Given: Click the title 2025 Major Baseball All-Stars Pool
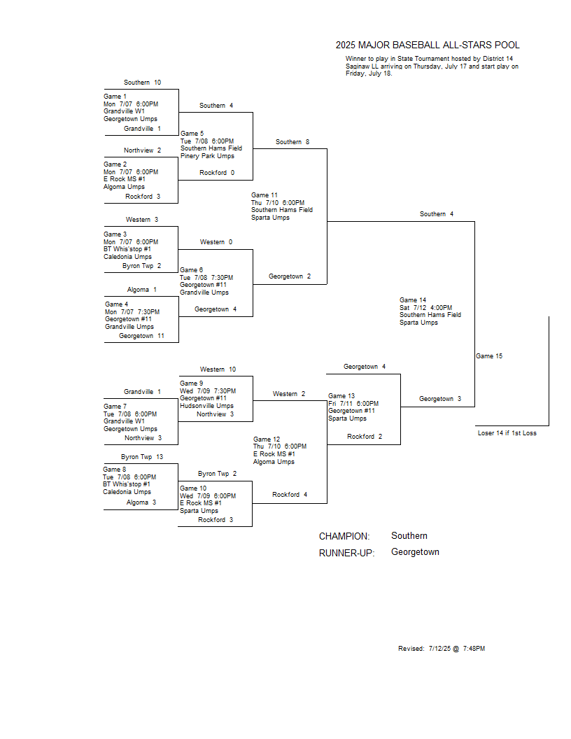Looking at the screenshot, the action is point(428,45).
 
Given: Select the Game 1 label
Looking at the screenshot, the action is point(115,96).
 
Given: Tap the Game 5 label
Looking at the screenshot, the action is point(192,134).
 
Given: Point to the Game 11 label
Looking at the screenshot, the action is point(265,195).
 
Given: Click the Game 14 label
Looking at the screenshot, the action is point(413,300).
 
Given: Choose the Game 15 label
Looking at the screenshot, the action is point(489,356).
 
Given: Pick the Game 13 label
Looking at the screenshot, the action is point(341,396).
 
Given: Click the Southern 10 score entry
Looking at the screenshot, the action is point(142,83).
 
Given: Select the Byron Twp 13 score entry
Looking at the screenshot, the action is point(142,457).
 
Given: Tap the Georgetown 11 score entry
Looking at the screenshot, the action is point(141,336).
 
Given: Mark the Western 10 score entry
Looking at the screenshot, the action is point(218,369).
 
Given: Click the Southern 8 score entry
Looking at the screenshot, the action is point(292,142).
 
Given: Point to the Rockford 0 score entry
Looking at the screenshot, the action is point(217,172).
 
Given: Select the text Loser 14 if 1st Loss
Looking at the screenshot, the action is point(507,432).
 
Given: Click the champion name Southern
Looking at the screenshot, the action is point(409,536).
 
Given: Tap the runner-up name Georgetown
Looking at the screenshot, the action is point(415,552).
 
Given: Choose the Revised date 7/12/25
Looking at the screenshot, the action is point(439,649).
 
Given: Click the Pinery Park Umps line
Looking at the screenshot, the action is point(207,156).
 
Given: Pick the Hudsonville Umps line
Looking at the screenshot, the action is point(206,406).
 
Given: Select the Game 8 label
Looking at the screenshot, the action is point(115,470).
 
